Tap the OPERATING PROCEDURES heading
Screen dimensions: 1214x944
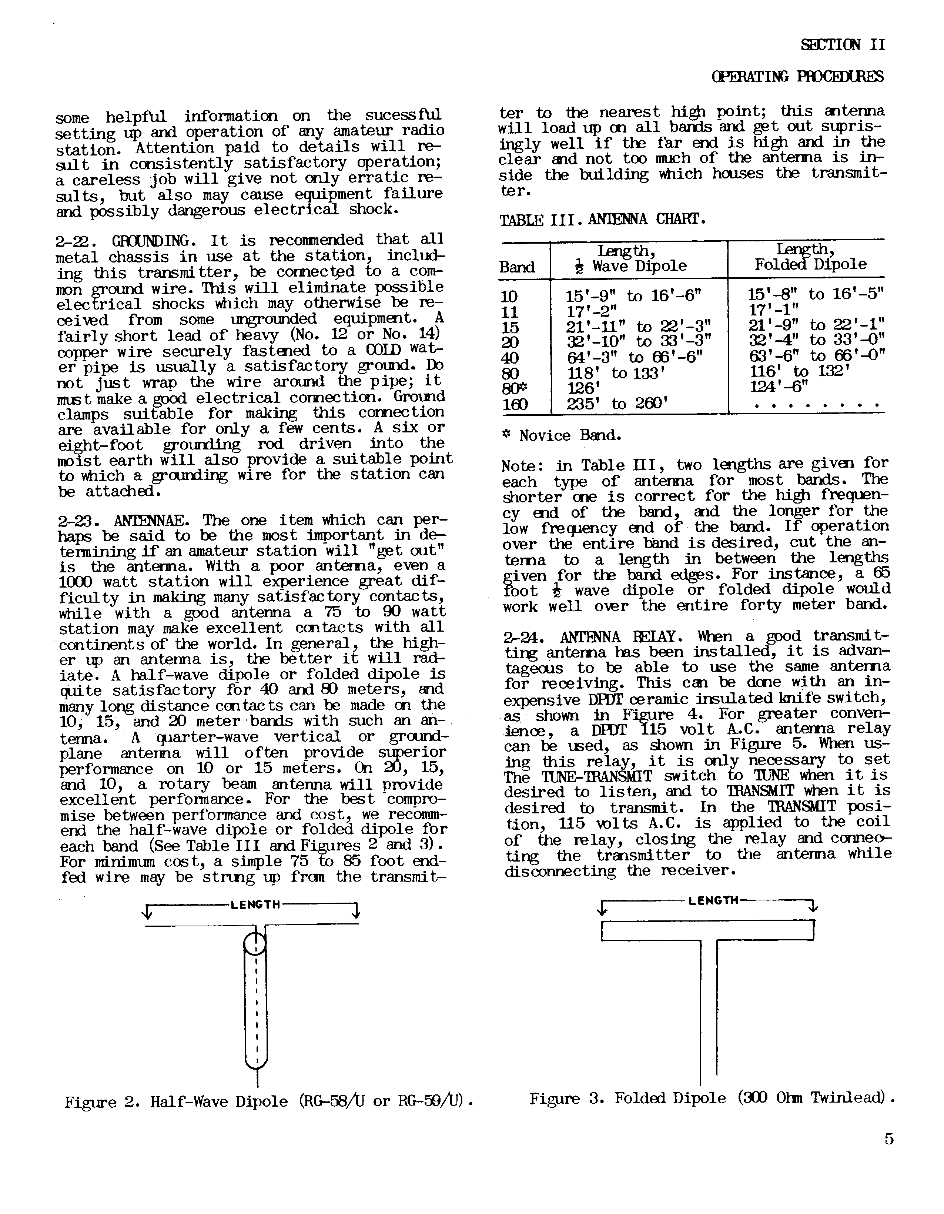(797, 76)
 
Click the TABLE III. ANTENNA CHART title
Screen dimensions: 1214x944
(603, 220)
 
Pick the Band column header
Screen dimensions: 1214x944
(517, 267)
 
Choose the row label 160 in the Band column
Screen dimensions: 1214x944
(515, 405)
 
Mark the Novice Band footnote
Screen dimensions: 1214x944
(562, 436)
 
